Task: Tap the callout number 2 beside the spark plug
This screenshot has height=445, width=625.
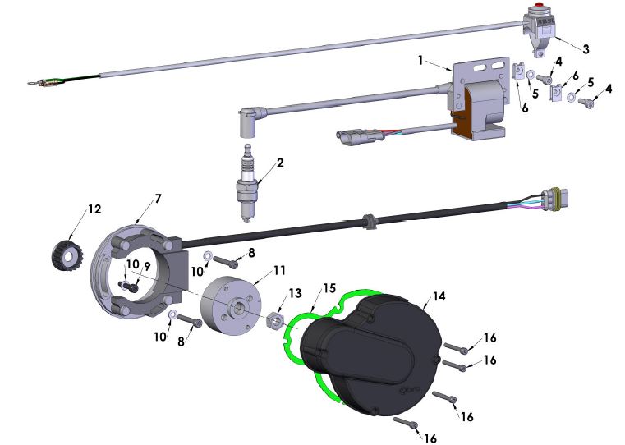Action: [280, 163]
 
